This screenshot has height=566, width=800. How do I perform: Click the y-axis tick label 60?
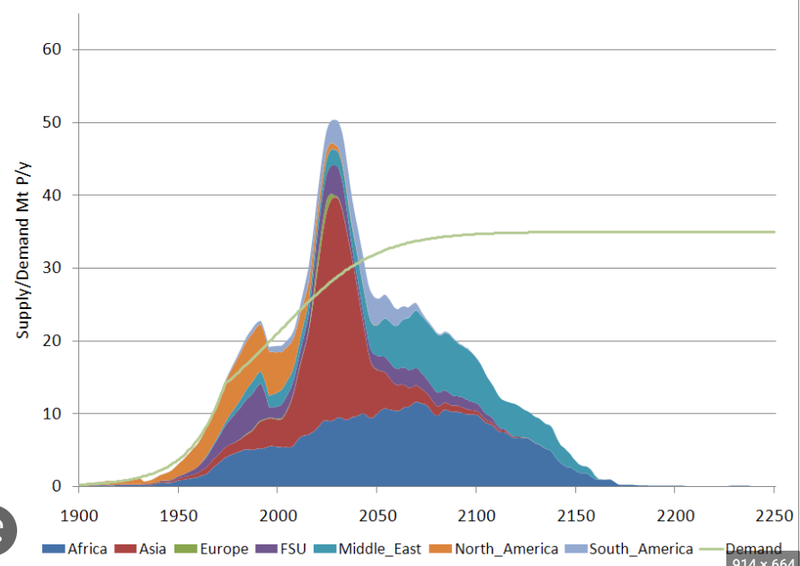click(x=51, y=49)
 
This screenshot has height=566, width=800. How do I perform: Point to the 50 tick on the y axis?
click(x=51, y=122)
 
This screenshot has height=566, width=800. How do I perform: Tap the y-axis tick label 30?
click(x=51, y=268)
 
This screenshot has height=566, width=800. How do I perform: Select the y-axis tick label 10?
click(x=51, y=414)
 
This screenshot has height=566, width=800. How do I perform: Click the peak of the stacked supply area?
click(x=334, y=120)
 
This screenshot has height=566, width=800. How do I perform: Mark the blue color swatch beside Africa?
click(x=53, y=549)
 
